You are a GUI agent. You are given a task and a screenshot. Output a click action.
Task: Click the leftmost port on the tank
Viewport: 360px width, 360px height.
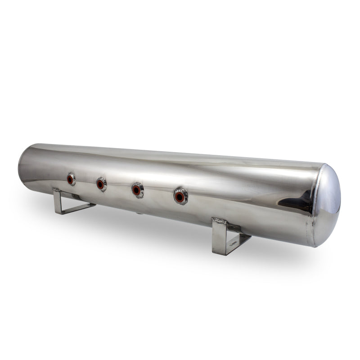(71, 179)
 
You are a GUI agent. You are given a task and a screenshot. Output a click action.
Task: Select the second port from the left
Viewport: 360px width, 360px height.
(101, 184)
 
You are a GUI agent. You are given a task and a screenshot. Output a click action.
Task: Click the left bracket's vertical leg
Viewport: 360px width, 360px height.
(58, 201)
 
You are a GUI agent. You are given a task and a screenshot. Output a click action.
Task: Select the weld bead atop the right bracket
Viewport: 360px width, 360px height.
(220, 221)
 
